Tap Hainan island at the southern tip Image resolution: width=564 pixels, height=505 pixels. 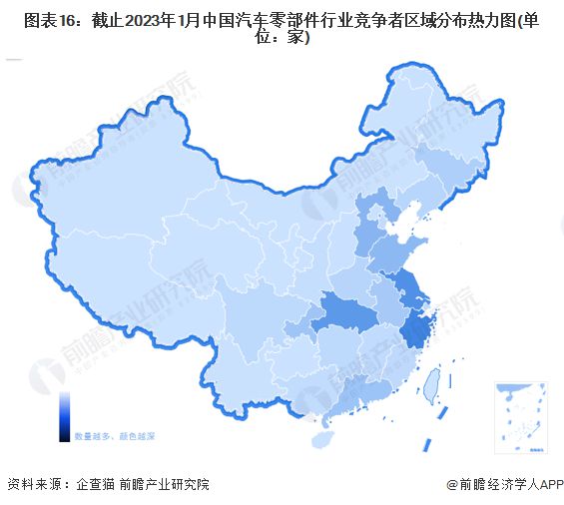coord(322,437)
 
